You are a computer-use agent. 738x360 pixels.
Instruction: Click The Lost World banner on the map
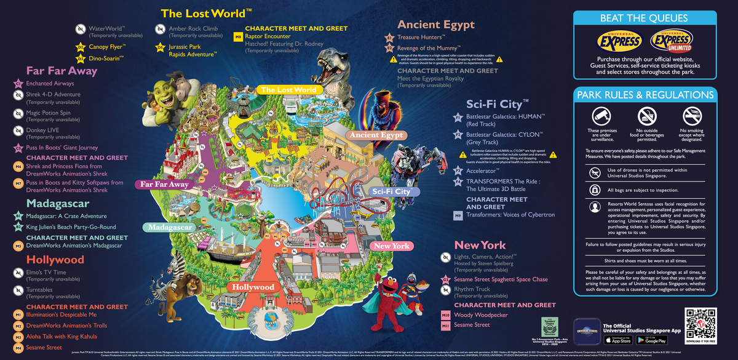coord(288,90)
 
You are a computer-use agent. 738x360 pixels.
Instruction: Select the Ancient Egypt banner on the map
coord(376,135)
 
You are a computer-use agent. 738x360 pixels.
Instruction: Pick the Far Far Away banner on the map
coord(164,184)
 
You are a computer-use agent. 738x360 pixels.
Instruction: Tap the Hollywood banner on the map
coord(253,287)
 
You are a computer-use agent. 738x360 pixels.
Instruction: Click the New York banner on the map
coord(392,246)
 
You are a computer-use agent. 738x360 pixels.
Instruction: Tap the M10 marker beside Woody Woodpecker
coord(446,315)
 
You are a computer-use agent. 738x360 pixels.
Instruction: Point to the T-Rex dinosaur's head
coord(335,62)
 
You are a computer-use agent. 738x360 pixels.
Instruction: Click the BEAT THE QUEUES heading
coord(645,18)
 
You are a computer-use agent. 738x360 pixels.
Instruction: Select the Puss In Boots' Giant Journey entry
coord(61,148)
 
